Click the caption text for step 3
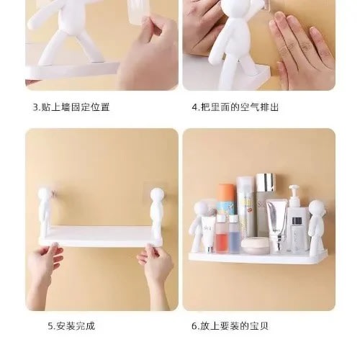point(71,107)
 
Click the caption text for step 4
point(235,107)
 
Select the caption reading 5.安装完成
point(71,326)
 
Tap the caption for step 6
point(230,326)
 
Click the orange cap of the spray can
point(226,193)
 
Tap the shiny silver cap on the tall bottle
point(265,183)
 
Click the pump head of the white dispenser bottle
point(295,194)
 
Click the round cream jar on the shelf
point(252,246)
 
